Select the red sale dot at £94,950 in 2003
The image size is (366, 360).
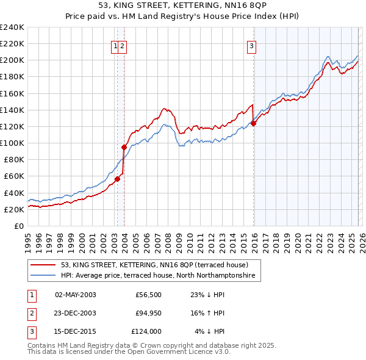coord(124,147)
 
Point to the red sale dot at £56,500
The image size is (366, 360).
coord(117,179)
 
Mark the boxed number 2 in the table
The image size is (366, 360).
coord(31,313)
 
